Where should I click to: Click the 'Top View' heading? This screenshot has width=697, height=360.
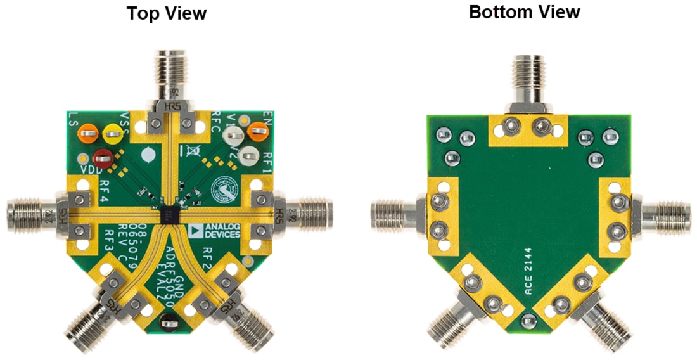coord(166,13)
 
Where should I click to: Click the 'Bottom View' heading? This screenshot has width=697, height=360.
coord(524,12)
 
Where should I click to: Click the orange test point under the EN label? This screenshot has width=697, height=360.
coord(257,132)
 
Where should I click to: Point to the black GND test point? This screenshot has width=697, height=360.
coord(166,326)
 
